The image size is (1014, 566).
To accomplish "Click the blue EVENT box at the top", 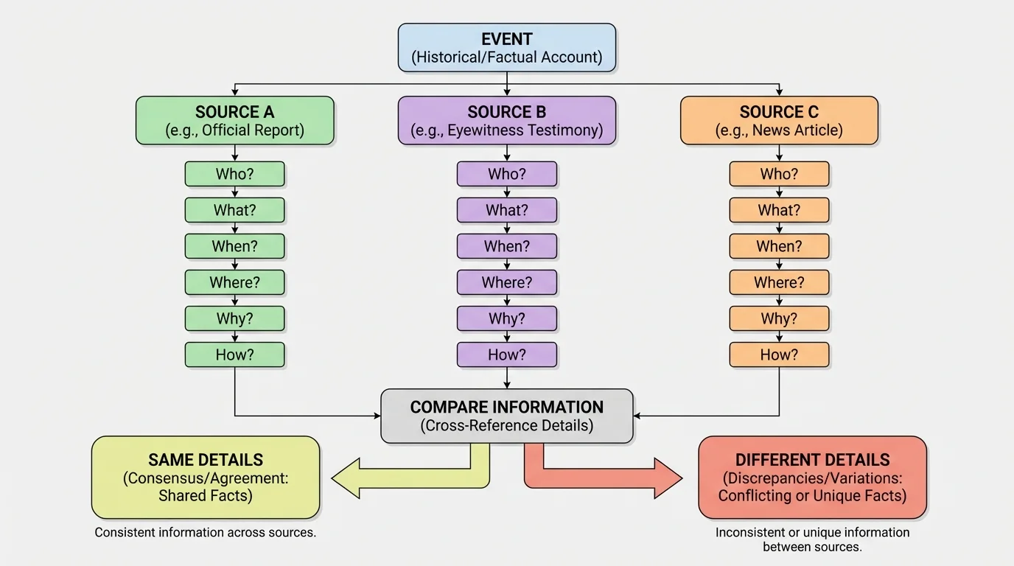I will point(506,48).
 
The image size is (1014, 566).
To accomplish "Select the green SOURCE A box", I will point(234,121).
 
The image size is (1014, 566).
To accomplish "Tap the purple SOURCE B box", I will point(506,121).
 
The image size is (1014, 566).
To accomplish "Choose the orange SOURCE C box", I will point(779,121).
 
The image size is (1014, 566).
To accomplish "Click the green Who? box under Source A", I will point(234,175).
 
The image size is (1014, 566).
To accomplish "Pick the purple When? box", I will point(506,246).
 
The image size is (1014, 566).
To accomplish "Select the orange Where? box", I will point(779,282).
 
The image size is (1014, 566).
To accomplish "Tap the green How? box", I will point(234,354).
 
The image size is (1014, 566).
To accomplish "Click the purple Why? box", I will point(506,318).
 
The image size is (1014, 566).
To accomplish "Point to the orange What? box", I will point(779,210).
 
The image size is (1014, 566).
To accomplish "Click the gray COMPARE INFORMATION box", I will point(506,416).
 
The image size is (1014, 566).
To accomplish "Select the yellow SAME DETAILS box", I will point(206,477).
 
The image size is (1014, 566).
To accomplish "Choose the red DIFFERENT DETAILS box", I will point(812,477).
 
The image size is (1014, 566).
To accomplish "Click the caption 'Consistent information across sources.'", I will point(206,532).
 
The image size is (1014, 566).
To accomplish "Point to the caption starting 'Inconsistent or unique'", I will point(812,539).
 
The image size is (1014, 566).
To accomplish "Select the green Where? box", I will point(234,282).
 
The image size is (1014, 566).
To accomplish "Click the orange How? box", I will point(779,354).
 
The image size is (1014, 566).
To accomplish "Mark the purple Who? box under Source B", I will point(506,175).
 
